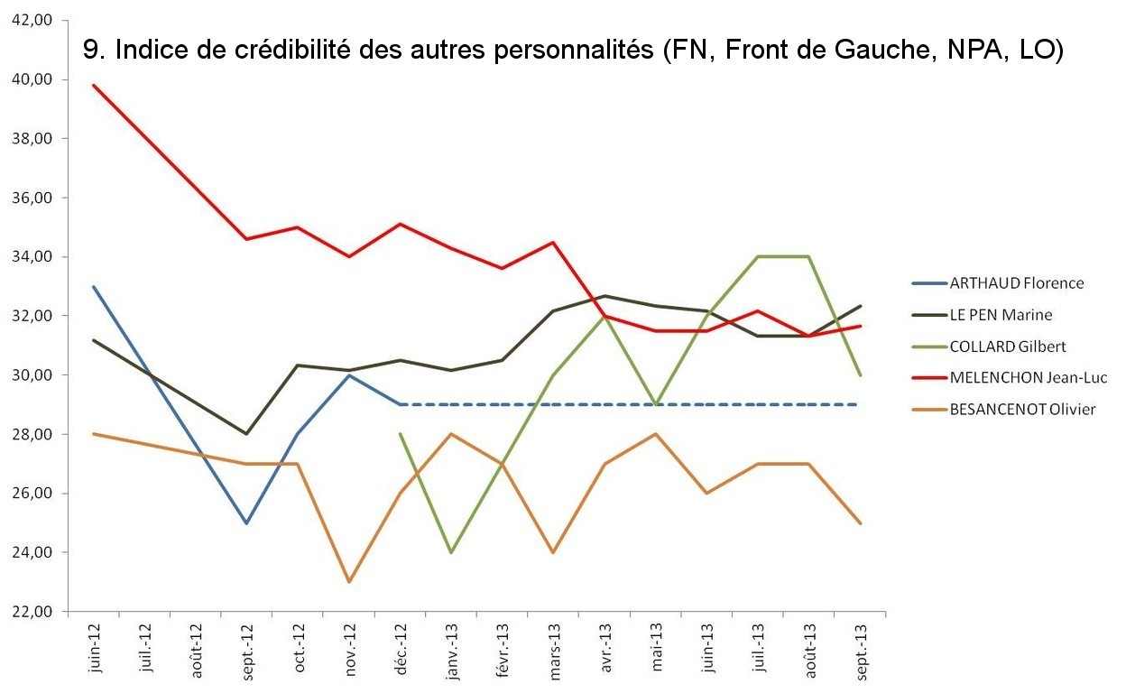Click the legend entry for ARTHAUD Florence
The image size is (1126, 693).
1016,282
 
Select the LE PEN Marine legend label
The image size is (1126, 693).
1001,315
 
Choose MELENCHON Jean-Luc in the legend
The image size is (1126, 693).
1028,377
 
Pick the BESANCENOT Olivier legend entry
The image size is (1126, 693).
1022,409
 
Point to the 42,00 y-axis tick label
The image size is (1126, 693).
33,20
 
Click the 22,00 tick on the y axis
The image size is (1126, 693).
33,611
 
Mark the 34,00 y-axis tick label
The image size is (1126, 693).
33,256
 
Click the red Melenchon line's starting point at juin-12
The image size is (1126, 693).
93,85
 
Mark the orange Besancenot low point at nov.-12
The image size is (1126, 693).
349,582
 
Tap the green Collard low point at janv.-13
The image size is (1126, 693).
450,552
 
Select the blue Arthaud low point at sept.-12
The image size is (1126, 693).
246,522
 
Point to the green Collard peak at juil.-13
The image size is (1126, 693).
758,256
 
